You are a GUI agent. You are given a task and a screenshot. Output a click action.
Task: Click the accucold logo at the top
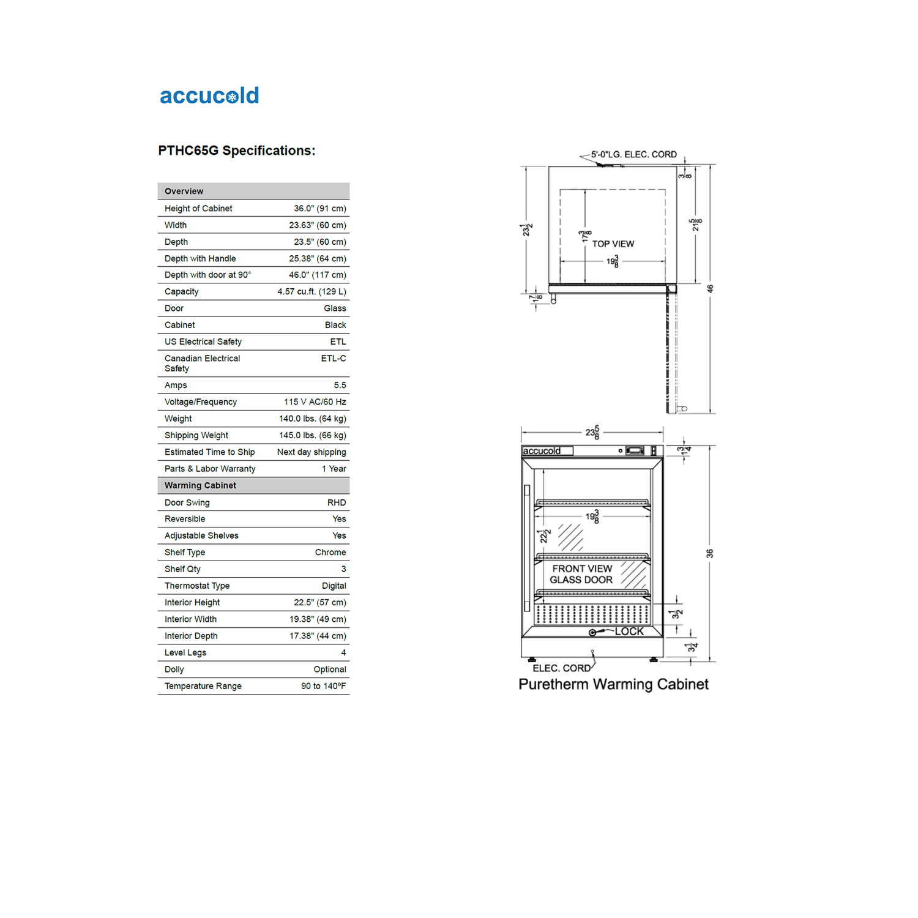point(209,96)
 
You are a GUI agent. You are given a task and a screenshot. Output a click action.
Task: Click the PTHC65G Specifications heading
point(236,151)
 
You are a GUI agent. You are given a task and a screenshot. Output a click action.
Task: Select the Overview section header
point(184,192)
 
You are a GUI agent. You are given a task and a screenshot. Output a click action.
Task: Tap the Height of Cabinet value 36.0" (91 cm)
point(319,209)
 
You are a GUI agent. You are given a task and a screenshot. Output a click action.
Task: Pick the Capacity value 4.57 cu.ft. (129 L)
point(312,292)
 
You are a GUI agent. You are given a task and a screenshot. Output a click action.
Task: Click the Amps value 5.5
point(340,386)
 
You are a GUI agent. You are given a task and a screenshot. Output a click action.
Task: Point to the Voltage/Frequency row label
point(201,402)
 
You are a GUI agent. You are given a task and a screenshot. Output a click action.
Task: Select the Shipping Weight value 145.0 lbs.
point(312,436)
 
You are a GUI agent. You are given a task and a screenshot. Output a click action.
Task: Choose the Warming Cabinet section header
point(200,486)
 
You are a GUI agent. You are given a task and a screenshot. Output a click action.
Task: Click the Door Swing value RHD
point(336,503)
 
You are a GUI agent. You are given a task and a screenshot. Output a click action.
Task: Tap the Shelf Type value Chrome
point(330,553)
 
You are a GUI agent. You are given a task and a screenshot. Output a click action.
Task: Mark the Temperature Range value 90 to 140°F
point(323,687)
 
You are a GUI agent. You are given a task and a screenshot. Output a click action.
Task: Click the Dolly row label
point(174,670)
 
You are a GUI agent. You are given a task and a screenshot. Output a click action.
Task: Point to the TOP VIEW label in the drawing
point(613,244)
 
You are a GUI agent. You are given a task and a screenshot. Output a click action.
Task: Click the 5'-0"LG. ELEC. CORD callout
point(633,155)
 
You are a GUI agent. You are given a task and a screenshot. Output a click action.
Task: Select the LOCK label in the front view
point(629,632)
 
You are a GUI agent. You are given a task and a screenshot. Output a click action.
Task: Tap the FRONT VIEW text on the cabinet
point(582,569)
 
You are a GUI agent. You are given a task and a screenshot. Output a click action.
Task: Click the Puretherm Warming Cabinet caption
point(613,684)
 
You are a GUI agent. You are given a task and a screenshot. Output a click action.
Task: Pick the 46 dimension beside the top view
point(711,289)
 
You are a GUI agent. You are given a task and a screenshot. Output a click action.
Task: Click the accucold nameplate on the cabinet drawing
point(542,451)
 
